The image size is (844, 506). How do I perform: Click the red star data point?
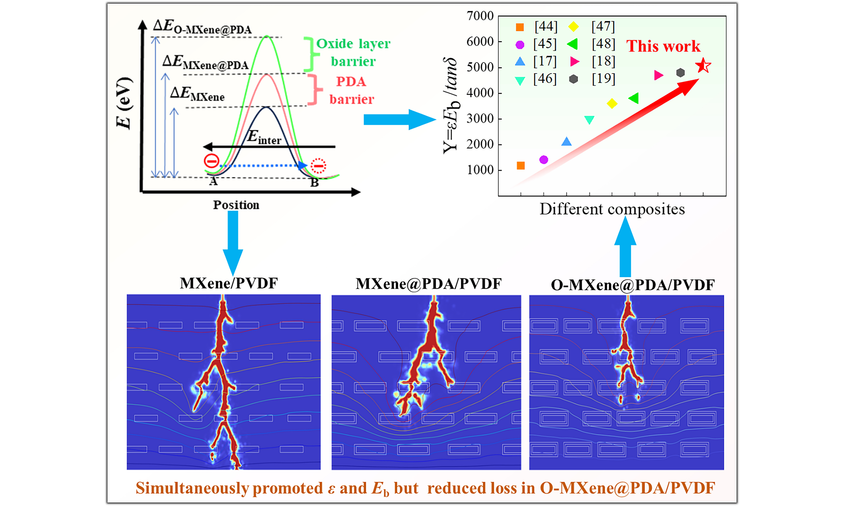coord(703,65)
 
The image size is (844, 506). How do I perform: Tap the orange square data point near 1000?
coord(521,166)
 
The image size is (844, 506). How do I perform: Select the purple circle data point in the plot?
coord(544,159)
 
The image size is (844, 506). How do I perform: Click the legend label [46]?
coord(545,79)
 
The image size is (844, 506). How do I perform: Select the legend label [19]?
coord(603,79)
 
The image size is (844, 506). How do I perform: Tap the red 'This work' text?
coord(663,46)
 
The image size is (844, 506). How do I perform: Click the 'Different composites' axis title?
coord(612,209)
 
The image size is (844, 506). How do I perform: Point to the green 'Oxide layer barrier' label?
coord(353,53)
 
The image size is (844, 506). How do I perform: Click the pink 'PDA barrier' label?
coord(352,90)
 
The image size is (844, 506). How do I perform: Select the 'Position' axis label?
coord(236,205)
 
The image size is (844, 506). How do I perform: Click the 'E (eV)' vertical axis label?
coord(124,103)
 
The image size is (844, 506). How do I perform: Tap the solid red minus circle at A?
coord(212,161)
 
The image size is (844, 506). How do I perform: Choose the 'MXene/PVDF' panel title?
coord(229,283)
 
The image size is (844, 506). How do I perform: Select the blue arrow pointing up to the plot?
coord(625,247)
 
